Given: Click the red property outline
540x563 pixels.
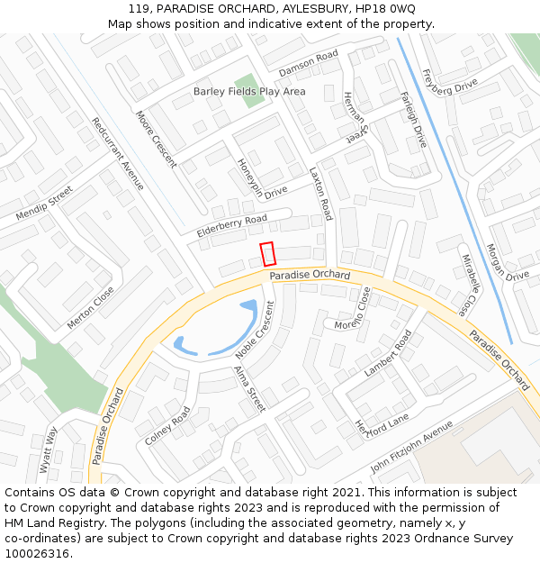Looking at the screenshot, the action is coord(267,255).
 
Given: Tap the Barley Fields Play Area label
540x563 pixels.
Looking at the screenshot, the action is coord(249,92).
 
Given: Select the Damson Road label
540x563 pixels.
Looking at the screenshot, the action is coord(308,63).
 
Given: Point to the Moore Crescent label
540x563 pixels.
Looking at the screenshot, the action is coord(156,139).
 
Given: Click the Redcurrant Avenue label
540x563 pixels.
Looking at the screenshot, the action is coord(117,153).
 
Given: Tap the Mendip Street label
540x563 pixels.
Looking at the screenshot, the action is coord(44,204).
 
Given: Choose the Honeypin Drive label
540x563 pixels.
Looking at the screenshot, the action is coord(261,177).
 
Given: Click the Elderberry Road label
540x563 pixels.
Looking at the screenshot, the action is coord(232,226).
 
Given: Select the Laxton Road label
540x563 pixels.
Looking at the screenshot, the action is coord(320,194).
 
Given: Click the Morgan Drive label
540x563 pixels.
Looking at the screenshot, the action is coord(508,262).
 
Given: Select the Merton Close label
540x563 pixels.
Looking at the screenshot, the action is coord(91,307).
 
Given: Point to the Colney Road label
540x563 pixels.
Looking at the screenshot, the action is coord(167,426).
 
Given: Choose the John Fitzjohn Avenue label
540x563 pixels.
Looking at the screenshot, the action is coord(411,449).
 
